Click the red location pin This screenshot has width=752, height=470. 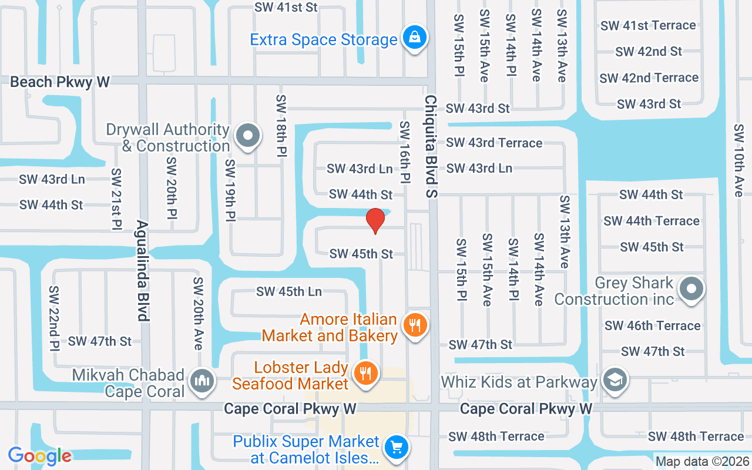(375, 221)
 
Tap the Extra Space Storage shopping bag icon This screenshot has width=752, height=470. (415, 38)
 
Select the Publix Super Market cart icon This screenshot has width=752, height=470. (396, 448)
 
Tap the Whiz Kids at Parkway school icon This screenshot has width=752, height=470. (615, 380)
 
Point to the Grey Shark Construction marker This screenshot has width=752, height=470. (691, 289)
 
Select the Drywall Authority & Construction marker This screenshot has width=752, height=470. (247, 136)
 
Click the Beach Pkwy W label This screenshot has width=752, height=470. (60, 82)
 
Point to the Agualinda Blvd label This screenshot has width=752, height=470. (142, 270)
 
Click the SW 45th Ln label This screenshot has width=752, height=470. (288, 291)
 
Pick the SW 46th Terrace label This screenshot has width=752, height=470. (652, 325)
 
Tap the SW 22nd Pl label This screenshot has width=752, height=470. (55, 317)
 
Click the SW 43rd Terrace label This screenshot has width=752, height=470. (493, 143)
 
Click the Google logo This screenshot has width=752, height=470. (39, 456)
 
